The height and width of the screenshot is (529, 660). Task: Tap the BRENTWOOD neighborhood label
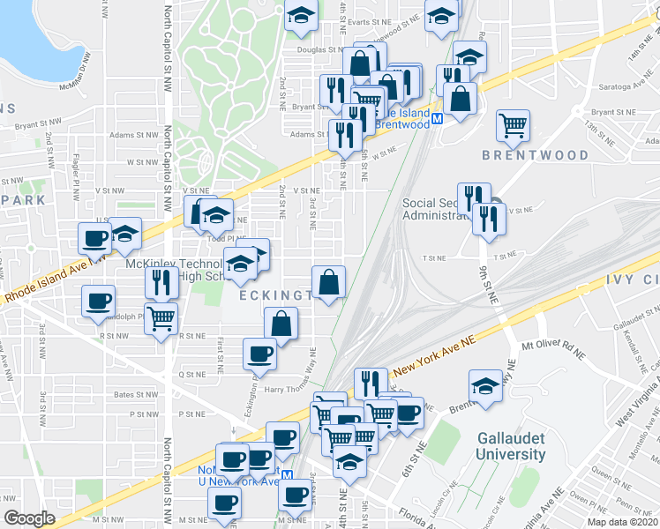pos(535,155)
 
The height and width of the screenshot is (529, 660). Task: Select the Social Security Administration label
pos(444,209)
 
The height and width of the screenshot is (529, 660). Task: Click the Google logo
pos(29,518)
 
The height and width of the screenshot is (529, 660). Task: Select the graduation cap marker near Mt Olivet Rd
pos(484,385)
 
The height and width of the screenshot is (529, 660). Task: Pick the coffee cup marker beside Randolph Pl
pos(98,301)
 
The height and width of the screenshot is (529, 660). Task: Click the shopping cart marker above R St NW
pos(161,318)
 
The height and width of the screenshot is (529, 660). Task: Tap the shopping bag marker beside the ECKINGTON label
pos(328,282)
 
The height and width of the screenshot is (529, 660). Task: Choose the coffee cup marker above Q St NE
pos(259,354)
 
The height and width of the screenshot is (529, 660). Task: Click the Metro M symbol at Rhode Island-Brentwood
pos(436,115)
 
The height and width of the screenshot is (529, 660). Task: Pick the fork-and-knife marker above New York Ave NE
pos(371,383)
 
